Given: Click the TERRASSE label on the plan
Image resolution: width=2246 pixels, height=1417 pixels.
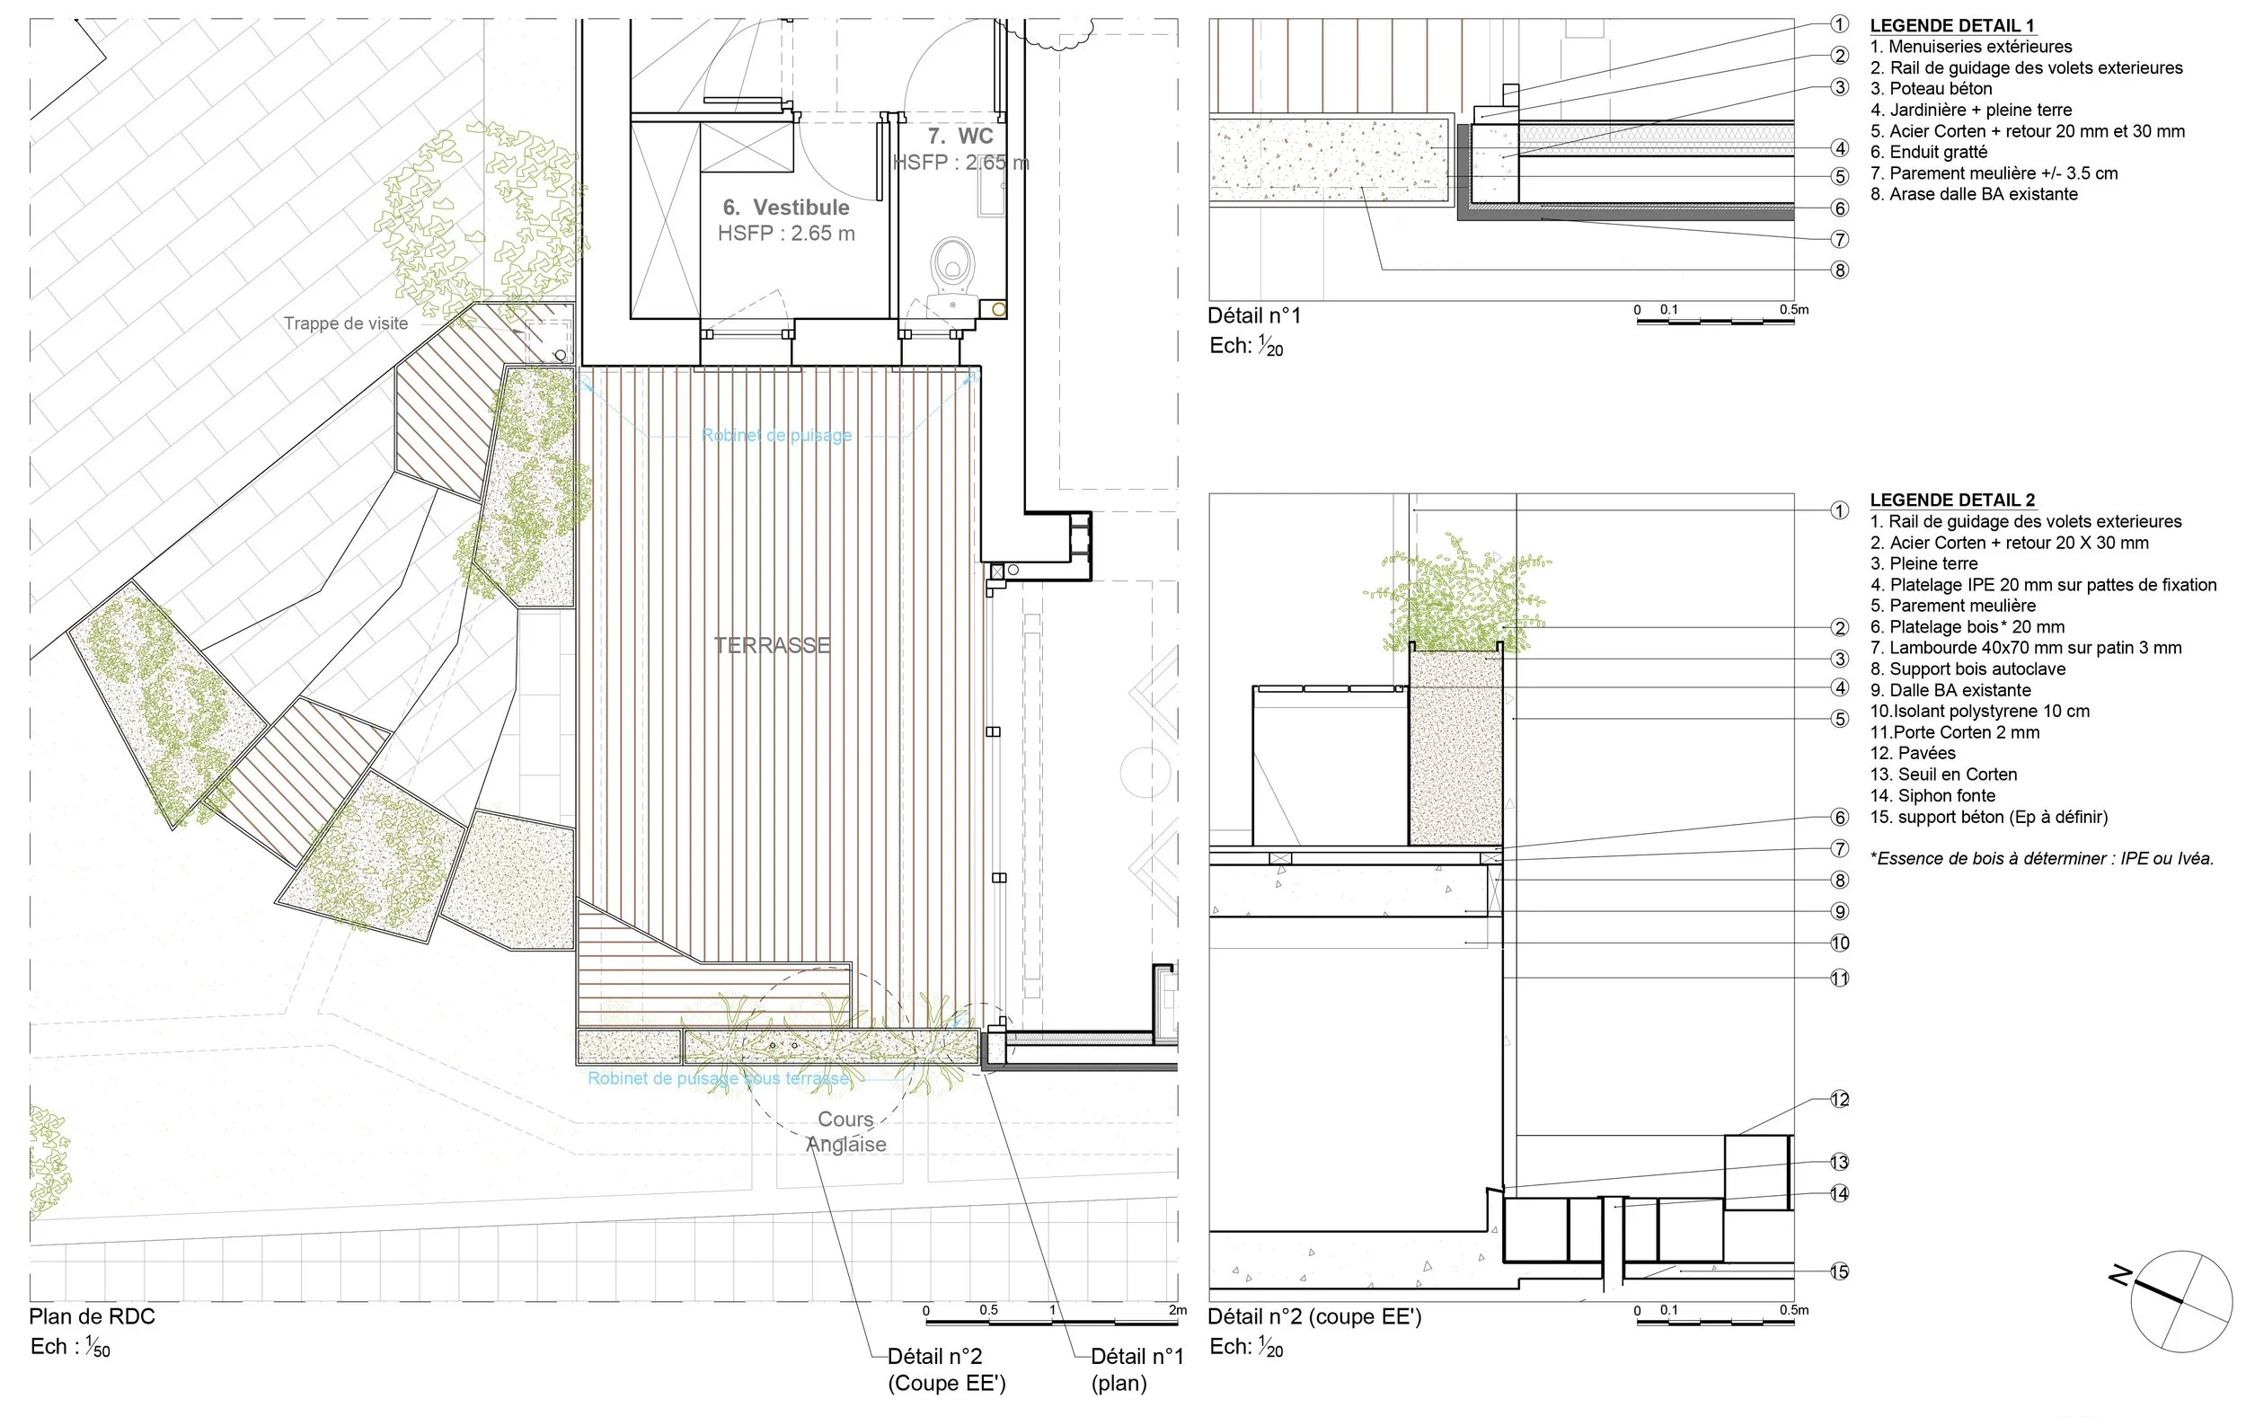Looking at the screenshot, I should click(x=772, y=644).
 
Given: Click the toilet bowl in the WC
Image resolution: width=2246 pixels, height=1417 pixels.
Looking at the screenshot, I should click(x=952, y=261).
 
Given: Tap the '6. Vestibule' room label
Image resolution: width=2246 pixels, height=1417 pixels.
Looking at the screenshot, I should click(x=785, y=207).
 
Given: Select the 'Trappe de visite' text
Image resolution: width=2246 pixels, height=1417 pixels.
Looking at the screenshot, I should click(x=345, y=323).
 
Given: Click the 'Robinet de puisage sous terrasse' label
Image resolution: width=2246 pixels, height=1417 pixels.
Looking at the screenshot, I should click(x=717, y=1078).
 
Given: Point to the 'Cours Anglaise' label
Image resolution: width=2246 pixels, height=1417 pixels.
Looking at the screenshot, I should click(x=846, y=1131).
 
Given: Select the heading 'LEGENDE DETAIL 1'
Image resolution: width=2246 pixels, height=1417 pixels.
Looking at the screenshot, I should click(x=1952, y=26).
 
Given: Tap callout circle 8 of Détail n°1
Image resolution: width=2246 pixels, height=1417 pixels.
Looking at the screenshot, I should click(x=1839, y=270).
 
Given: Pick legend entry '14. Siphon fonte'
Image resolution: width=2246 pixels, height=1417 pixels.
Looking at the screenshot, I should click(x=1932, y=796).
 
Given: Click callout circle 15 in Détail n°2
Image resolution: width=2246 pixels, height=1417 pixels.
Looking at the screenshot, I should click(x=1839, y=1271).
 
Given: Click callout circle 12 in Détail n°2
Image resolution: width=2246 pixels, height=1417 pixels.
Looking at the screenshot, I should click(x=1839, y=1099).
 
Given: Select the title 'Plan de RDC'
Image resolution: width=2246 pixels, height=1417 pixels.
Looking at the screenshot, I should click(x=92, y=1316).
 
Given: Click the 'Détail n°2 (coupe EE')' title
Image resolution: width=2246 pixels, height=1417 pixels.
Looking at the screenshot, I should click(x=1314, y=1316).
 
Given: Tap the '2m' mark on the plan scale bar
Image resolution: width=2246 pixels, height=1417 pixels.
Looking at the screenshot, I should click(x=1177, y=1310).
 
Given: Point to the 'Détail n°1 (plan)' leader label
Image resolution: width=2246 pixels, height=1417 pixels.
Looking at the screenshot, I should click(x=1136, y=1368).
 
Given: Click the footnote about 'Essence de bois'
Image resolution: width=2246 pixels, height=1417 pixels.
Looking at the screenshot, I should click(x=2042, y=858).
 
